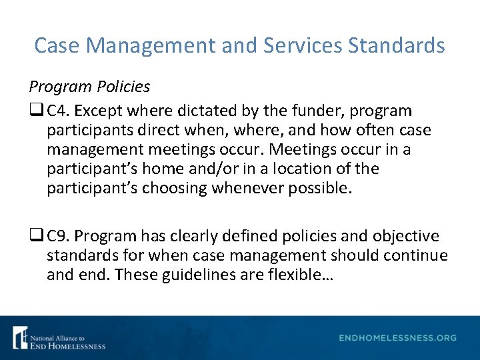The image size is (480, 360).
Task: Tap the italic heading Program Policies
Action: [x=89, y=87]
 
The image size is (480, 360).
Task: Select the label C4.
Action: [x=57, y=110]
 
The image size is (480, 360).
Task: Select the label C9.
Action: [x=57, y=236]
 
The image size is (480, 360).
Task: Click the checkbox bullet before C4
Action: [x=35, y=111]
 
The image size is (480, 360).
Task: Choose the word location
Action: [x=294, y=168]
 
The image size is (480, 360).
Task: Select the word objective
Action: [x=406, y=236]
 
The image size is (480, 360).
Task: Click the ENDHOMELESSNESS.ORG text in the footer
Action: [x=397, y=338]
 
